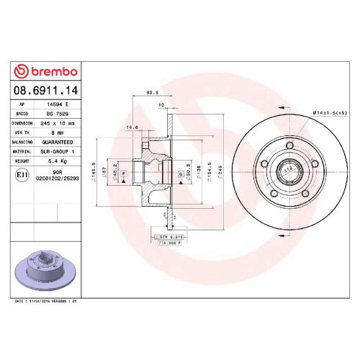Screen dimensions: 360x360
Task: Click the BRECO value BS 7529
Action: click(x=55, y=114)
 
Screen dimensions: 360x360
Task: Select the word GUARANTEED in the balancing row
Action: click(x=59, y=142)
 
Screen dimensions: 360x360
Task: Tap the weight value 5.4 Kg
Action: click(x=54, y=161)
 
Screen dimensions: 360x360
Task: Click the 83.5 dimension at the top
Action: click(x=153, y=93)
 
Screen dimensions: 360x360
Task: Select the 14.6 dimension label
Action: click(x=132, y=127)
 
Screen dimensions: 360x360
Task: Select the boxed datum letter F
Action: click(x=125, y=174)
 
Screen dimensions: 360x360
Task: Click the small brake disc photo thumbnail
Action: click(x=44, y=264)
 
